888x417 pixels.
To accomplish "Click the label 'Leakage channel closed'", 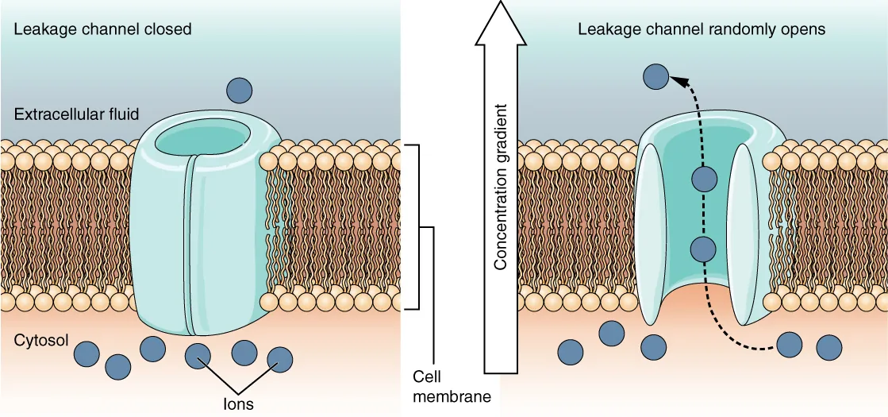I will (x=102, y=29).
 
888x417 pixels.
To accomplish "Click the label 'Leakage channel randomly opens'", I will (x=701, y=29).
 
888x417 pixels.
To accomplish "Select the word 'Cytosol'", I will (x=40, y=341).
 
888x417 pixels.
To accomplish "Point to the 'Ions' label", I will (x=239, y=403).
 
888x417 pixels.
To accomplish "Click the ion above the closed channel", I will (x=239, y=91).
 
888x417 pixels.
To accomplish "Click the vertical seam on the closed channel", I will (x=189, y=246).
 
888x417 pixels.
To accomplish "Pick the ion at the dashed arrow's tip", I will (x=655, y=76).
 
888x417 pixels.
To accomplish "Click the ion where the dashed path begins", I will (x=789, y=345).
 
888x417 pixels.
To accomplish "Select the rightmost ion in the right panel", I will (x=828, y=347).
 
